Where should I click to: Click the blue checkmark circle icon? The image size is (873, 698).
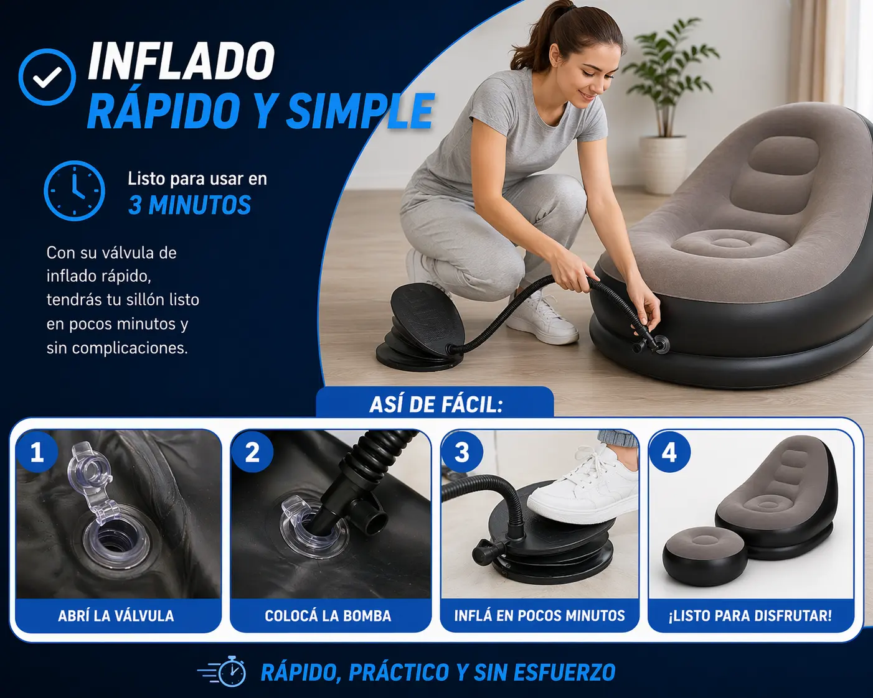(47, 77)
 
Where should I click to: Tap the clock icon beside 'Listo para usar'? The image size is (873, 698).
(74, 190)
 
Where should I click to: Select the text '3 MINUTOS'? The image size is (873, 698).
(189, 205)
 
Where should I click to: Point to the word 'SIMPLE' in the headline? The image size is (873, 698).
(361, 111)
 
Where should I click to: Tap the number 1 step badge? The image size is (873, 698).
(37, 452)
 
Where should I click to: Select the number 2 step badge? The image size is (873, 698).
(252, 452)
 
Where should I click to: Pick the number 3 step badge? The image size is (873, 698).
(462, 452)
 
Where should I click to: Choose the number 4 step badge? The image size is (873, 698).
(670, 452)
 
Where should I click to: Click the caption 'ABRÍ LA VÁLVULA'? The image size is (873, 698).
(116, 616)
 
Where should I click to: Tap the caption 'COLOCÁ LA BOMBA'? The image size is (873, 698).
(328, 616)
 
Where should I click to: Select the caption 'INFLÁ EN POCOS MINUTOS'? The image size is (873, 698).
(539, 616)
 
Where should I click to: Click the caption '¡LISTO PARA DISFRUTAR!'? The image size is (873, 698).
(750, 616)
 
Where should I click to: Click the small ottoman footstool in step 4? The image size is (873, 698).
(705, 556)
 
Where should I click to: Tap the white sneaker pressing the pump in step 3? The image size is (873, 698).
(584, 490)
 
